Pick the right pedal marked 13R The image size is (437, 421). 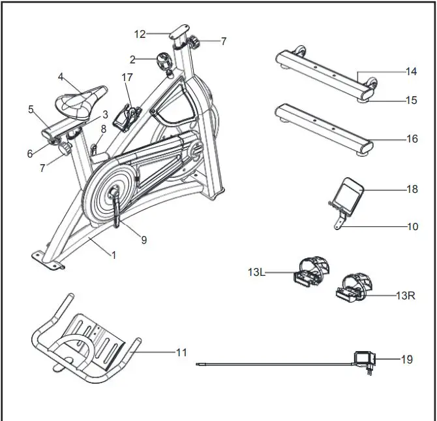tap(354, 289)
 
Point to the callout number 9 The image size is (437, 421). tap(143, 240)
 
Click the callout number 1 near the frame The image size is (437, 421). tap(113, 255)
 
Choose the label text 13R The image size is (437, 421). tap(406, 295)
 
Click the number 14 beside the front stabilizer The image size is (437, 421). tap(411, 71)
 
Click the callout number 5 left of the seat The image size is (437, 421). tap(31, 110)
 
